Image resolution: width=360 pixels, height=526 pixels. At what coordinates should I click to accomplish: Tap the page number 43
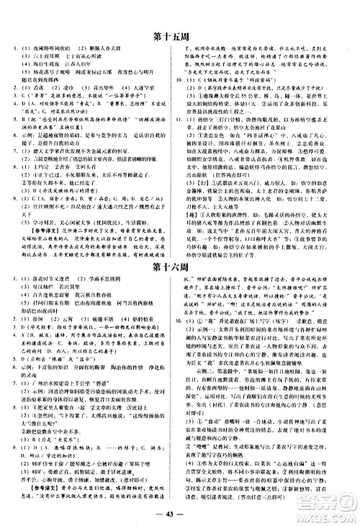(x=179, y=513)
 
